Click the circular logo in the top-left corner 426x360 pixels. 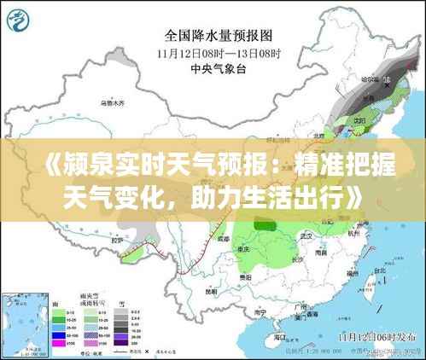click(x=20, y=18)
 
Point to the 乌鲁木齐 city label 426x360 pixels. click(x=114, y=103)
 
